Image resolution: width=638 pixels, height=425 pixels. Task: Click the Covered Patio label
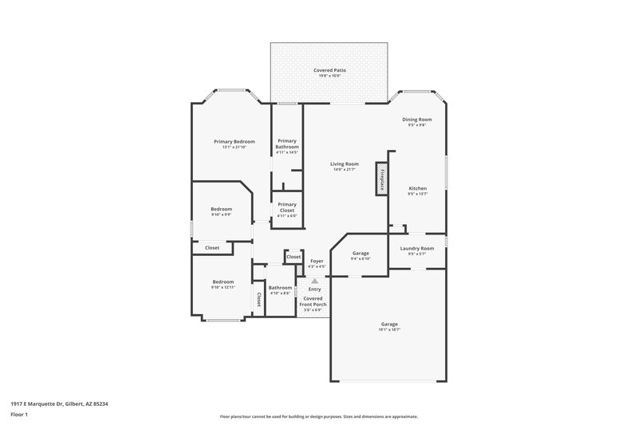tap(329, 71)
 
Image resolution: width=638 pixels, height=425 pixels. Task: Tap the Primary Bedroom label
tap(234, 141)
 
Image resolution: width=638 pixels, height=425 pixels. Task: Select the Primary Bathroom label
tap(287, 144)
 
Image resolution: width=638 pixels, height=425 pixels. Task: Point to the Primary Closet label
tap(287, 208)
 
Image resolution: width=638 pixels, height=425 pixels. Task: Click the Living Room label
tap(345, 164)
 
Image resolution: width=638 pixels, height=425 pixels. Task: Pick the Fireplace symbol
tap(382, 180)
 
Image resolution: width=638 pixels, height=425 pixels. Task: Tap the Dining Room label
tap(416, 119)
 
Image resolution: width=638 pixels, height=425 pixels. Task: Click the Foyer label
tap(317, 261)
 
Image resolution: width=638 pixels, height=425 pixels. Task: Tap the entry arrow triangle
tap(315, 281)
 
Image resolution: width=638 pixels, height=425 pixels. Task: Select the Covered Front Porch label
tap(313, 301)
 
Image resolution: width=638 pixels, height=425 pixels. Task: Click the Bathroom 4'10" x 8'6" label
tap(280, 288)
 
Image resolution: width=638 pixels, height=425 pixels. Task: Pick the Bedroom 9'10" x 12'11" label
tap(223, 281)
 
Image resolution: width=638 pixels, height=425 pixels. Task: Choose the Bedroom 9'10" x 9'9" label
tap(221, 209)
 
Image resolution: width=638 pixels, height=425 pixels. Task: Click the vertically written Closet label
tap(258, 299)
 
